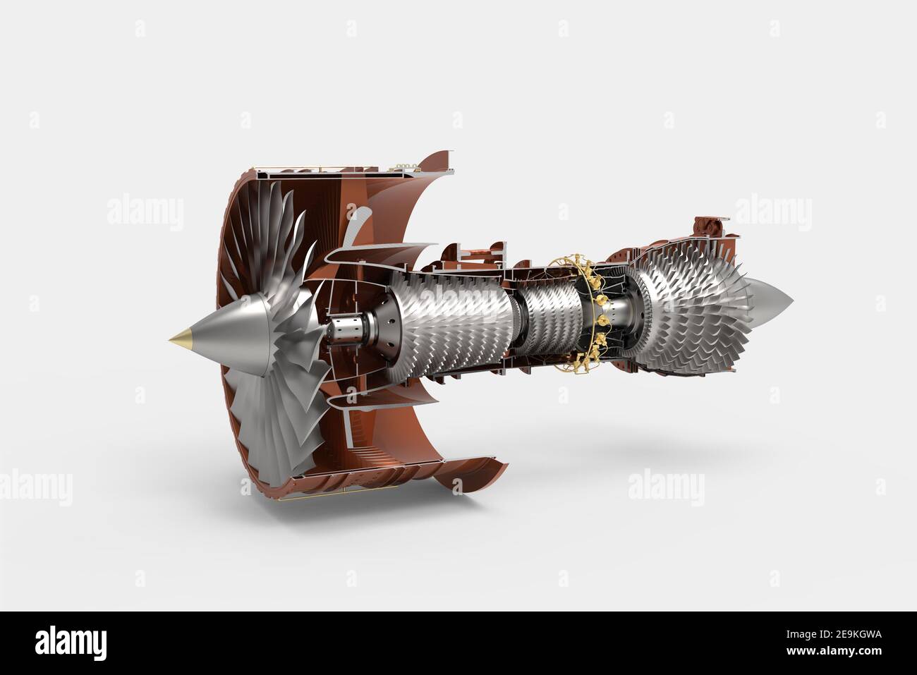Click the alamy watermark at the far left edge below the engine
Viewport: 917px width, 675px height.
tap(35, 487)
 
